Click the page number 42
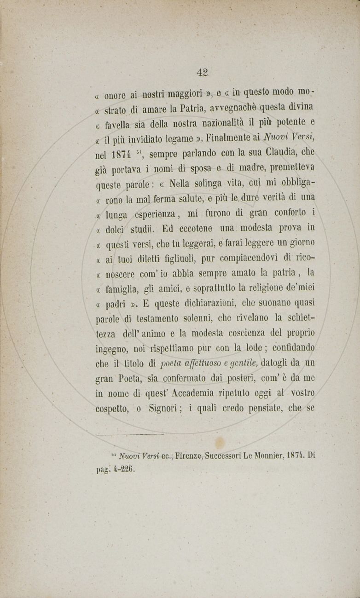(202, 72)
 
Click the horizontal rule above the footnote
(130, 434)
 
